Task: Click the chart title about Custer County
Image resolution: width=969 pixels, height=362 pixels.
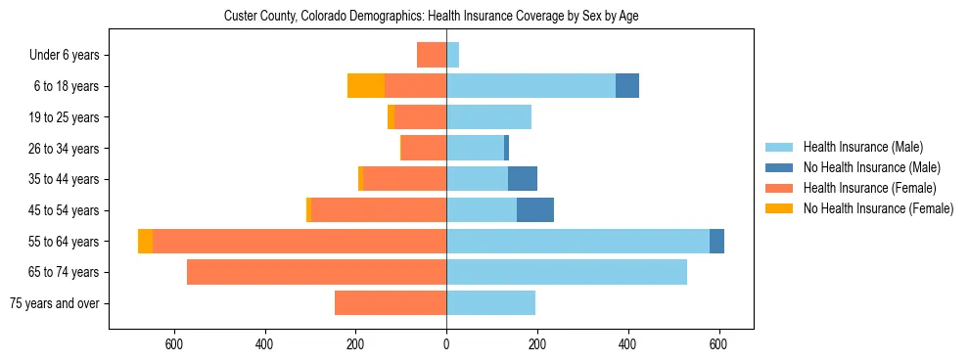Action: (x=431, y=17)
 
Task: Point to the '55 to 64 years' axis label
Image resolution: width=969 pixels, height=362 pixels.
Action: (x=64, y=242)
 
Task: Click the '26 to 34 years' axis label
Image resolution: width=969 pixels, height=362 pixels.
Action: (x=64, y=149)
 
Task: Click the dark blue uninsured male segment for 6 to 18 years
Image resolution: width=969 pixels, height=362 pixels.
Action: (x=627, y=86)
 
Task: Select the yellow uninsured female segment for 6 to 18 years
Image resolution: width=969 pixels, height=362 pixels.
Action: (x=366, y=86)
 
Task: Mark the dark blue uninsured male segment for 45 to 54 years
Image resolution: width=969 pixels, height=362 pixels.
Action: (x=535, y=210)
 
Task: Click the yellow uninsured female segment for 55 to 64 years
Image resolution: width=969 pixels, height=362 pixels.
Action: (x=145, y=242)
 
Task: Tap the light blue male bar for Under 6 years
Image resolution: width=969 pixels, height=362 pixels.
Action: (x=453, y=55)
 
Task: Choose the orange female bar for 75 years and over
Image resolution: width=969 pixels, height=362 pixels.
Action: (x=391, y=303)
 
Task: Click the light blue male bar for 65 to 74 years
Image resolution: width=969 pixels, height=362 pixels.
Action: (x=567, y=272)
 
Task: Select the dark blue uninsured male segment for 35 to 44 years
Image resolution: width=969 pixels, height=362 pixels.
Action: (x=523, y=179)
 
